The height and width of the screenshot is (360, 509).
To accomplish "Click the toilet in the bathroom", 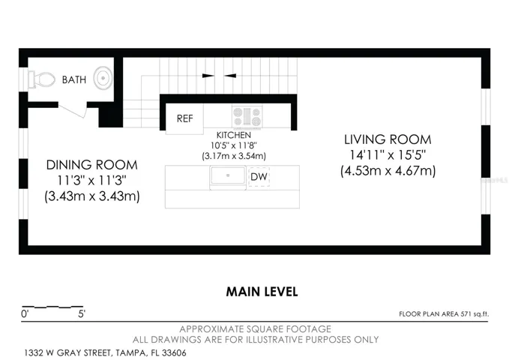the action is tap(41, 79).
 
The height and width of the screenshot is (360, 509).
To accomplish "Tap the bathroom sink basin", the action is tap(103, 78).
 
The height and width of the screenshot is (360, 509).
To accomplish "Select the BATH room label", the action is tap(74, 79).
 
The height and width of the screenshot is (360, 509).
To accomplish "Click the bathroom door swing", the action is tap(73, 111).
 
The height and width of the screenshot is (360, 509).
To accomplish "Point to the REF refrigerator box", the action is tap(184, 118).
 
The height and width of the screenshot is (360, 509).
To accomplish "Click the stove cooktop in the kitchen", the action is tap(247, 116).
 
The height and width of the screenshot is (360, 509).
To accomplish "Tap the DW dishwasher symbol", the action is tap(259, 177).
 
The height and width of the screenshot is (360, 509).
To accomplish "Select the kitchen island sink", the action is tap(228, 176).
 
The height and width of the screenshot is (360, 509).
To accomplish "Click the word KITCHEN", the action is tap(234, 135).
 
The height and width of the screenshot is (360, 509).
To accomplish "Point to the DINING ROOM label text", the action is tap(92, 165).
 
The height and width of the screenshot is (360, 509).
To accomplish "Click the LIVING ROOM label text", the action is tap(388, 139).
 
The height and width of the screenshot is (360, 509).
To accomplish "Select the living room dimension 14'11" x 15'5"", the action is tap(388, 155).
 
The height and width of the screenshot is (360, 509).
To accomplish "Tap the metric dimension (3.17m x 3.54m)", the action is tap(234, 156).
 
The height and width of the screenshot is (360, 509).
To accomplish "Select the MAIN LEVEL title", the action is tap(262, 292).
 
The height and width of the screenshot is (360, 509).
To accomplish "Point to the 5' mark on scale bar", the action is tap(82, 314).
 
